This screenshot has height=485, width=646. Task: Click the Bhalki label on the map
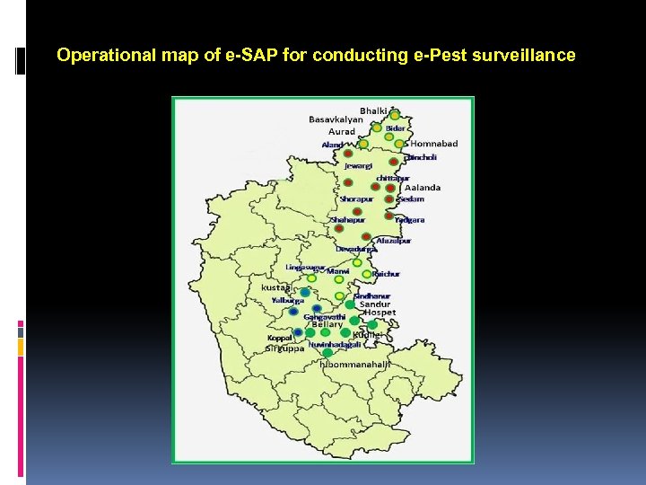point(374,110)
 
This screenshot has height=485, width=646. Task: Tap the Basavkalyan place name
point(336,119)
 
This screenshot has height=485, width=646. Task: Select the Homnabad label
point(433,144)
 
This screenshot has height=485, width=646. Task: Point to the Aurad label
point(342,132)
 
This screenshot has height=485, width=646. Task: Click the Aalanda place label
point(423,188)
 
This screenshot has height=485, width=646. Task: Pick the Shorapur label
point(357,198)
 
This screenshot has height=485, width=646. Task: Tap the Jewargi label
point(358,165)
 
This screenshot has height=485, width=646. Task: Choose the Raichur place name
point(386,273)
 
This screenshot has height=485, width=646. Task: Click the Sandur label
point(375,304)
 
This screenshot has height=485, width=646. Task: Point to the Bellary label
point(327,324)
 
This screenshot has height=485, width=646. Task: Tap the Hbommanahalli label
point(354,365)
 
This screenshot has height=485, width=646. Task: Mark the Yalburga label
point(288,300)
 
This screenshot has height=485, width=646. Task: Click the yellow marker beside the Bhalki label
point(394,115)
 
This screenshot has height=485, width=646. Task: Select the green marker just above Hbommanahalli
point(327,353)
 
